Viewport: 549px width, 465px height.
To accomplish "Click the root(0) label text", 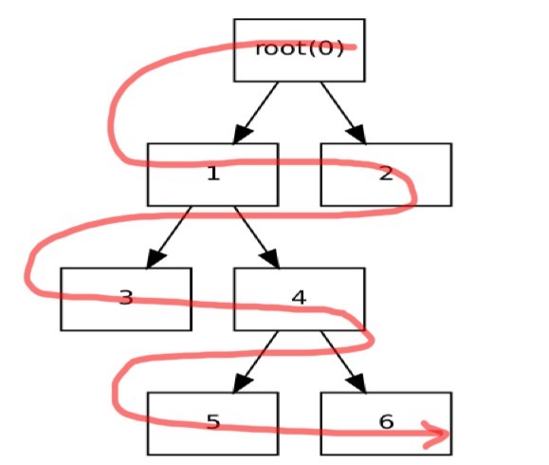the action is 300,48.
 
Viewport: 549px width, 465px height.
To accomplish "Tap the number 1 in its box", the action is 213,174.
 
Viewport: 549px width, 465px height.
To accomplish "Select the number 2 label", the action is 386,174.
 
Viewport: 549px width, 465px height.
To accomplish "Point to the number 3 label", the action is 126,298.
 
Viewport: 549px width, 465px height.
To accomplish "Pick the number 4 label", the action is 299,297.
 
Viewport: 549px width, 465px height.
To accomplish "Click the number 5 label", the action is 213,422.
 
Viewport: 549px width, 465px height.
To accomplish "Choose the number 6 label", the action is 386,422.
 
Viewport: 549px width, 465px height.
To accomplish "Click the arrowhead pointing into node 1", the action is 242,134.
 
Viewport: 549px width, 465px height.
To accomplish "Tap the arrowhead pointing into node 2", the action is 357,134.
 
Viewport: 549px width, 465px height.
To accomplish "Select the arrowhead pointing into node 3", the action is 156,259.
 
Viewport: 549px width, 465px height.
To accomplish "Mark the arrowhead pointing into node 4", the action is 270,259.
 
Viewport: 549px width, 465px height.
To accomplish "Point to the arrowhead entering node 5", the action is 242,383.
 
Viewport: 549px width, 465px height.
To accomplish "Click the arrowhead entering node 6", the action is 357,383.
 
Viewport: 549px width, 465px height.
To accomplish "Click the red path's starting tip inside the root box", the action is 355,46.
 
